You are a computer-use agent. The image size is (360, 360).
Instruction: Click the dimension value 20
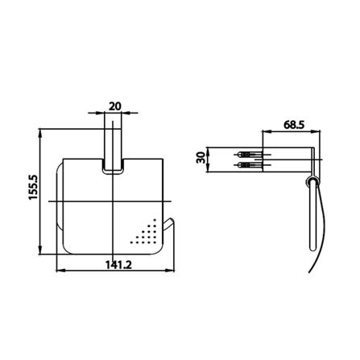115,106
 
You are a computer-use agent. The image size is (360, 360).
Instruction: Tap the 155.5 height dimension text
34,188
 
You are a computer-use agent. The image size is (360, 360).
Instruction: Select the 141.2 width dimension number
118,265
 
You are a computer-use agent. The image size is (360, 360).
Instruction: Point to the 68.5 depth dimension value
294,125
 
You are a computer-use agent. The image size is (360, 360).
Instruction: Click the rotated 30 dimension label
201,158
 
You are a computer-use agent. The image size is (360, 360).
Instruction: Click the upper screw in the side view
250,155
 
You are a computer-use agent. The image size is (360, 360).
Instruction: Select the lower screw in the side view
250,164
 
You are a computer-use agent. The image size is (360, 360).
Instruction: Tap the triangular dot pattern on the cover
147,234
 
